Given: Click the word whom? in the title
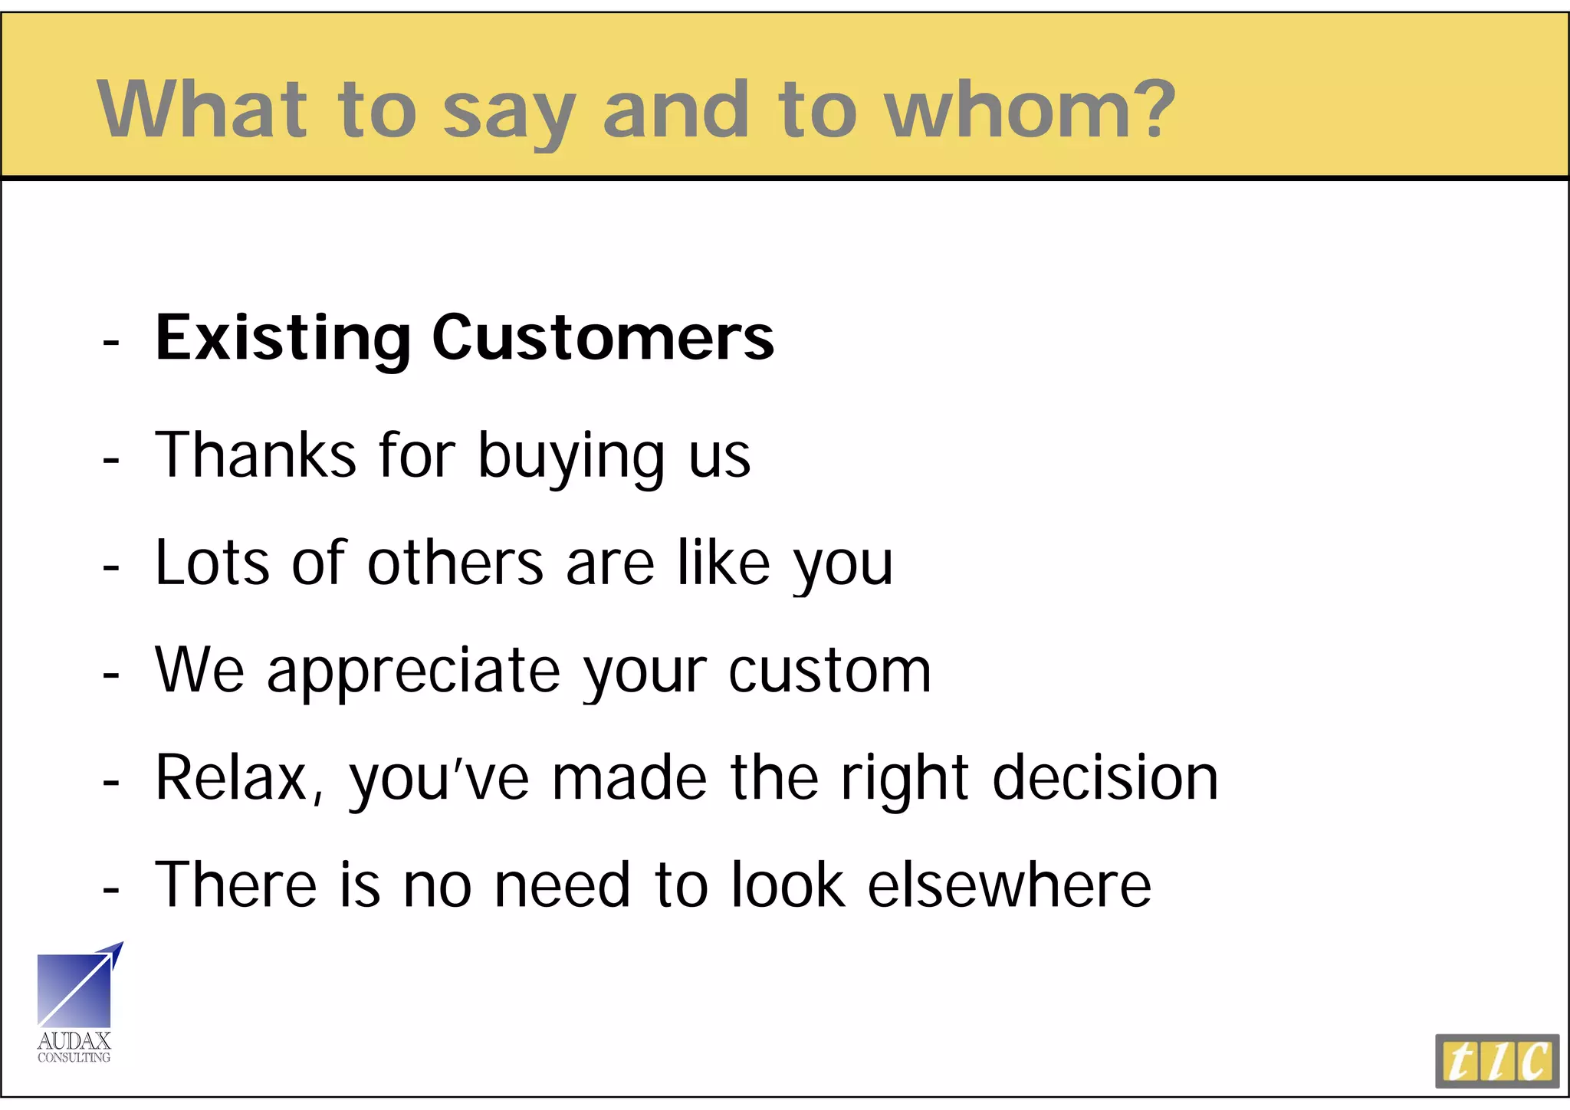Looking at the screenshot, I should (x=1030, y=110).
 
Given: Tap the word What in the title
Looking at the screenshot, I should (x=202, y=110).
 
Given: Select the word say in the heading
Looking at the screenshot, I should (x=508, y=115).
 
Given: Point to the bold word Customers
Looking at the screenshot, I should (x=603, y=338).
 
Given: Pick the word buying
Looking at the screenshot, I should (x=571, y=458).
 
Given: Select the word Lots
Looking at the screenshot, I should (x=212, y=563).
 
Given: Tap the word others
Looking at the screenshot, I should (x=455, y=563).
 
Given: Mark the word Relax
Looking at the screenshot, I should (x=238, y=779).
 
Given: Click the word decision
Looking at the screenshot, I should (x=1105, y=779).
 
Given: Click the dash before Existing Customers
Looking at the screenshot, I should (x=111, y=341).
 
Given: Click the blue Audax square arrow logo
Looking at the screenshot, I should (x=77, y=987).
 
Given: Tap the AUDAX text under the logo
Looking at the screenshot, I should (x=74, y=1041).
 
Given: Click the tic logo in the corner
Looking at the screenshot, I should (x=1496, y=1061).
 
